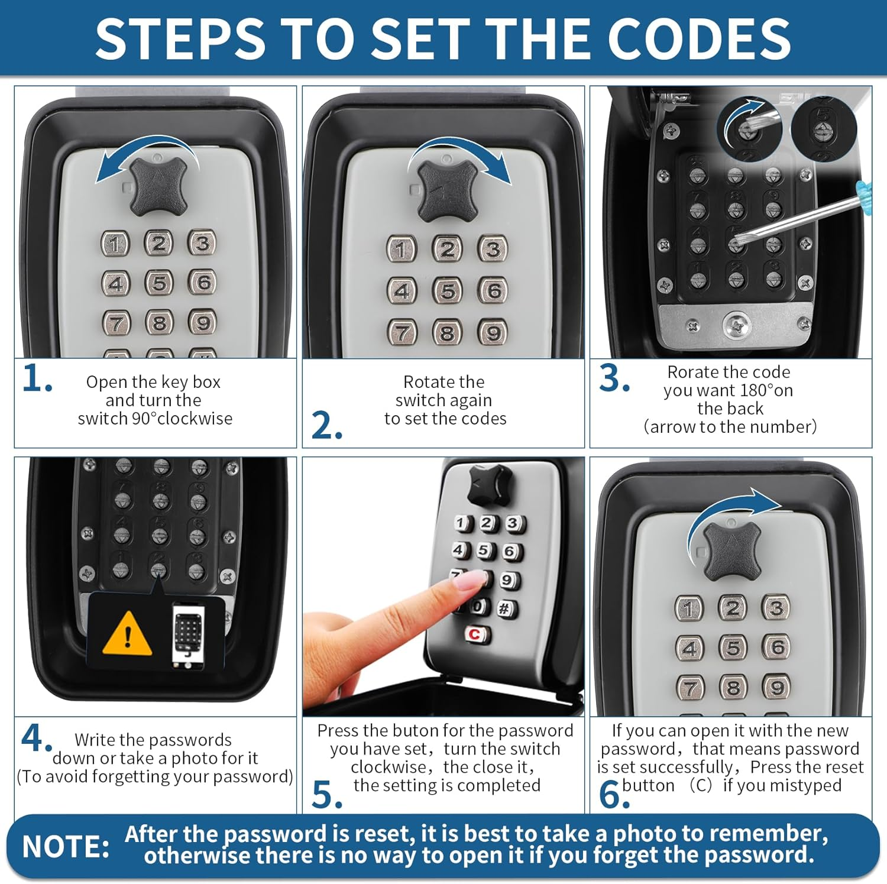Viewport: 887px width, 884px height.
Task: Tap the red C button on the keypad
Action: tap(475, 634)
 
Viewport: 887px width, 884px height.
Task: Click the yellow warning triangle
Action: tap(127, 634)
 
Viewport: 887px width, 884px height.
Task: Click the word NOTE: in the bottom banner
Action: tap(66, 847)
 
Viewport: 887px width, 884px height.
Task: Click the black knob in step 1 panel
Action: tap(158, 186)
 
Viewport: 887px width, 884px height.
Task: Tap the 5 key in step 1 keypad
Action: tap(160, 283)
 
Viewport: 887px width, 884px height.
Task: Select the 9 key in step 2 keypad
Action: tap(493, 333)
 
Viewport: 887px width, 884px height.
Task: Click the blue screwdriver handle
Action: tap(865, 190)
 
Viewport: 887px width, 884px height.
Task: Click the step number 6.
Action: tap(614, 794)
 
